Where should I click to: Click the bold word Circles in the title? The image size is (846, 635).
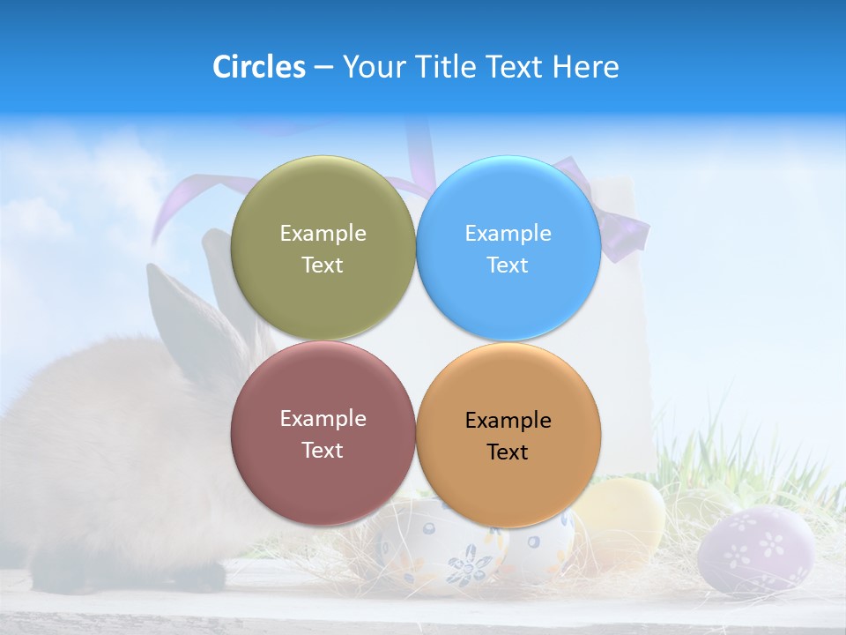(258, 67)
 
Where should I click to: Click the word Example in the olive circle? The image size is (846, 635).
(323, 234)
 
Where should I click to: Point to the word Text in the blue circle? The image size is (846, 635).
(508, 265)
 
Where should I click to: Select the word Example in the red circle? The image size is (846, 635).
(323, 419)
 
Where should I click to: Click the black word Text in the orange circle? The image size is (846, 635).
(508, 452)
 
